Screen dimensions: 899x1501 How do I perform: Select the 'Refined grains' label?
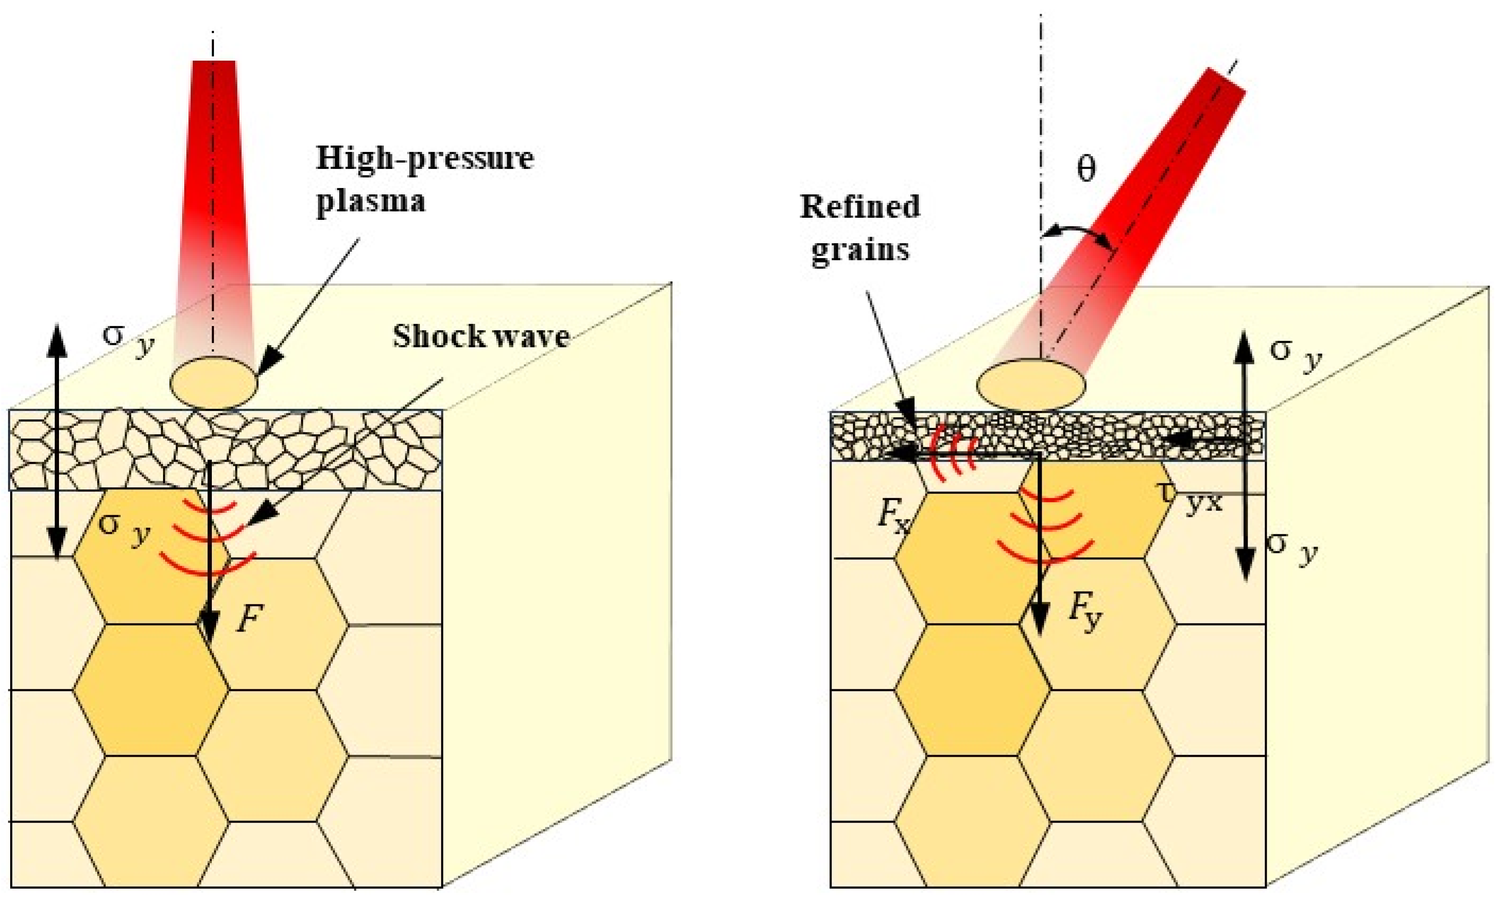coord(860,228)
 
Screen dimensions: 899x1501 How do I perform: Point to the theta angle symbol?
coord(1086,170)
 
